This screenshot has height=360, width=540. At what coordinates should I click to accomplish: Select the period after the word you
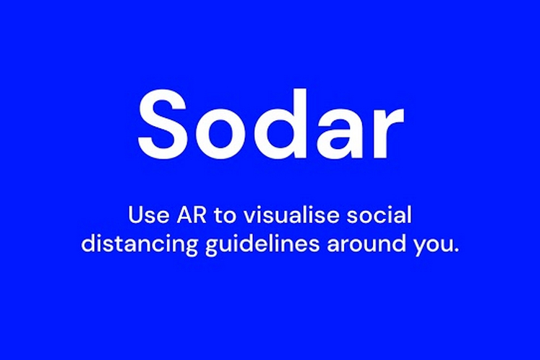456,250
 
